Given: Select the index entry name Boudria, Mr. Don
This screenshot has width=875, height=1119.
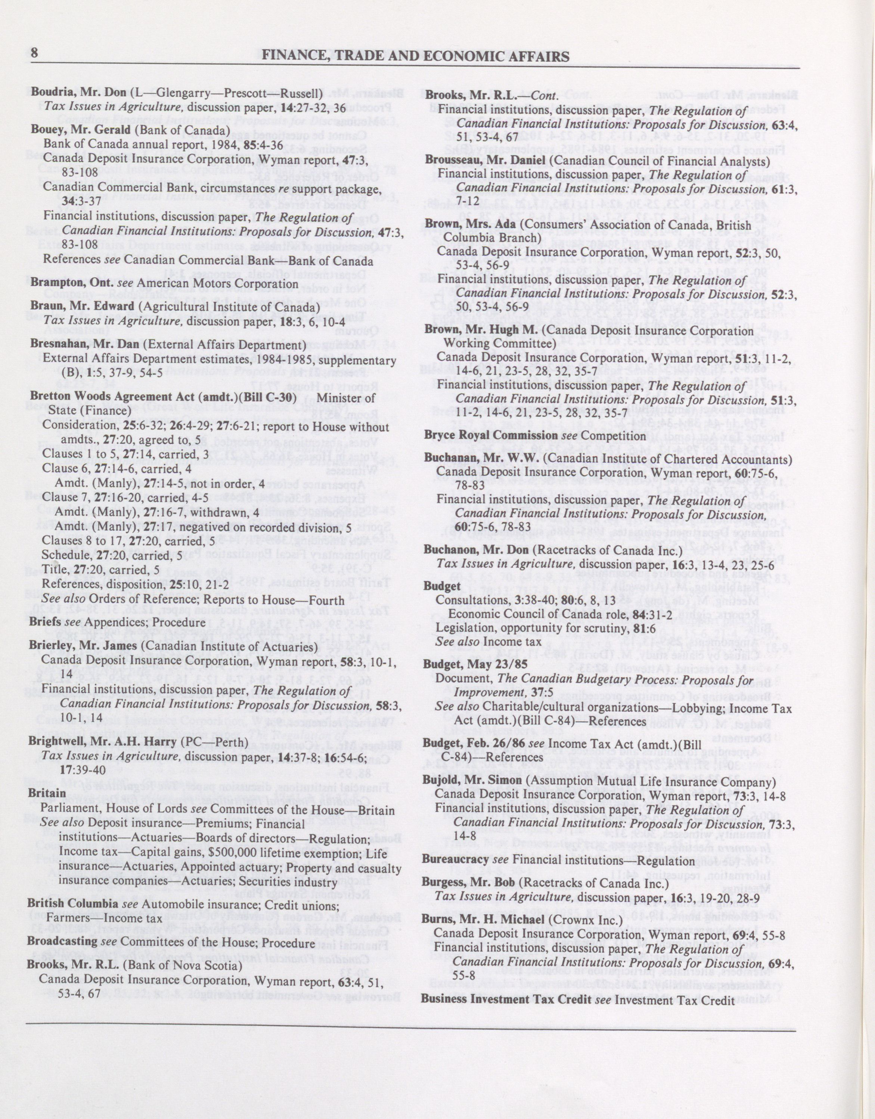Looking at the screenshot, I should pos(79,93).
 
